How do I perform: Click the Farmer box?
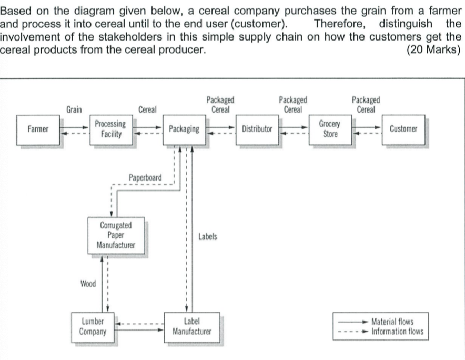(x=38, y=129)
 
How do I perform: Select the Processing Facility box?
(x=110, y=129)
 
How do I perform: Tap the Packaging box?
(x=184, y=129)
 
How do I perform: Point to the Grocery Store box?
(x=330, y=129)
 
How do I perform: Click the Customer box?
(x=403, y=129)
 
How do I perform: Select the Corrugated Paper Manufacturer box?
(x=116, y=235)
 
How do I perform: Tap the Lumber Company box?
(x=93, y=326)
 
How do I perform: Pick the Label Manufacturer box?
(x=191, y=326)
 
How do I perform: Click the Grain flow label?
(x=74, y=109)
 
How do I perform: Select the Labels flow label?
(x=208, y=237)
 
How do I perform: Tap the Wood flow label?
(x=88, y=284)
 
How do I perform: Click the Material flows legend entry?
(x=392, y=322)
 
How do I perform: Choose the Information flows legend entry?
(x=397, y=332)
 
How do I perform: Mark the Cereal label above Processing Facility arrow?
(x=147, y=109)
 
